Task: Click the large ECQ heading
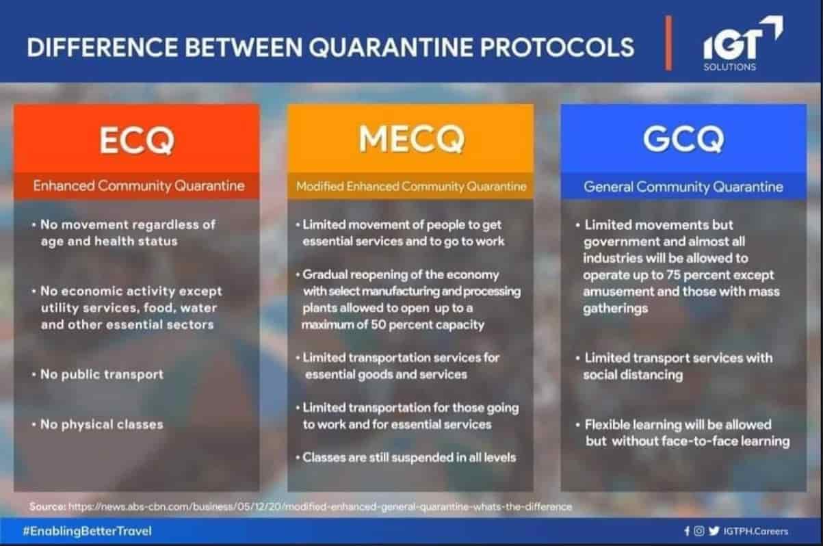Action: (x=137, y=140)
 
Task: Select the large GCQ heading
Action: (x=683, y=139)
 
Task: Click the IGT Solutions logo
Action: (x=743, y=43)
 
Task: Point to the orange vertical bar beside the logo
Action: (x=668, y=43)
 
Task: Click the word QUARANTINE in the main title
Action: (x=391, y=47)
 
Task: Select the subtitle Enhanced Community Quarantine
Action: (x=139, y=186)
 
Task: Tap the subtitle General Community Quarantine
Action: (x=683, y=187)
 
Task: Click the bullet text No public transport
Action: (x=102, y=374)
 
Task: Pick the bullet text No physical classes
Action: (x=102, y=424)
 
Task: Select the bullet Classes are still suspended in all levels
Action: (x=409, y=458)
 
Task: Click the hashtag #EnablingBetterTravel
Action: (x=87, y=531)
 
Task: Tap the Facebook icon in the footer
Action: (x=687, y=531)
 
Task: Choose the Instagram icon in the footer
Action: (x=699, y=531)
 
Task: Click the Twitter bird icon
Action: (x=714, y=531)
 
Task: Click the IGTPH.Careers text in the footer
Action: (x=755, y=532)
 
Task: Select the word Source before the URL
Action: (x=47, y=507)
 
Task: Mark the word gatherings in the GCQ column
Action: (x=616, y=309)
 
